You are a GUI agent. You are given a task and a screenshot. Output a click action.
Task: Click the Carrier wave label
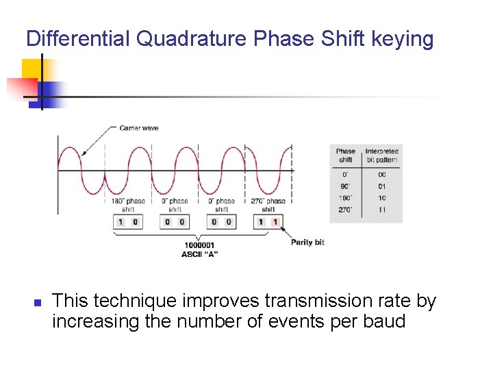[138, 128]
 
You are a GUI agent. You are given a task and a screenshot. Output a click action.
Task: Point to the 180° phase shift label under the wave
[128, 205]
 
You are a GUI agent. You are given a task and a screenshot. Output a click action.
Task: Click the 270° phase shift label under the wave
[268, 205]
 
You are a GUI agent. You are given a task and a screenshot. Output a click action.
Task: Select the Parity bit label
[307, 242]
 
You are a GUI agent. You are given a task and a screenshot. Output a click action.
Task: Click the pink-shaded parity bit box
[275, 222]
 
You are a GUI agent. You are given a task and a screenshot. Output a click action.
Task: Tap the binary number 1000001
[199, 246]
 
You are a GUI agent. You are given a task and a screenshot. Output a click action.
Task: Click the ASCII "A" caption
[199, 254]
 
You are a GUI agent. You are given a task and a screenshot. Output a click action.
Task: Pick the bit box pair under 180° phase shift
[128, 222]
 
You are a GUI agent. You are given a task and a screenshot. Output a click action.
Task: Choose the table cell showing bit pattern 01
[381, 186]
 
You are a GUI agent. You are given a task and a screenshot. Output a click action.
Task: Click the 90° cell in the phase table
[345, 186]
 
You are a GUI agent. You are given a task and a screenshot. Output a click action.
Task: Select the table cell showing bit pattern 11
[381, 210]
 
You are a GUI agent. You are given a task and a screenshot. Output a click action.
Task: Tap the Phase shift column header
[346, 155]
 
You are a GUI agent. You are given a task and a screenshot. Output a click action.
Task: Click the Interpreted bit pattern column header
[381, 155]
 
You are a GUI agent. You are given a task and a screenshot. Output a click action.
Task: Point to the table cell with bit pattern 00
[381, 174]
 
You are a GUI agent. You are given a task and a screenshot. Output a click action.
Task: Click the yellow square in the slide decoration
[31, 69]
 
